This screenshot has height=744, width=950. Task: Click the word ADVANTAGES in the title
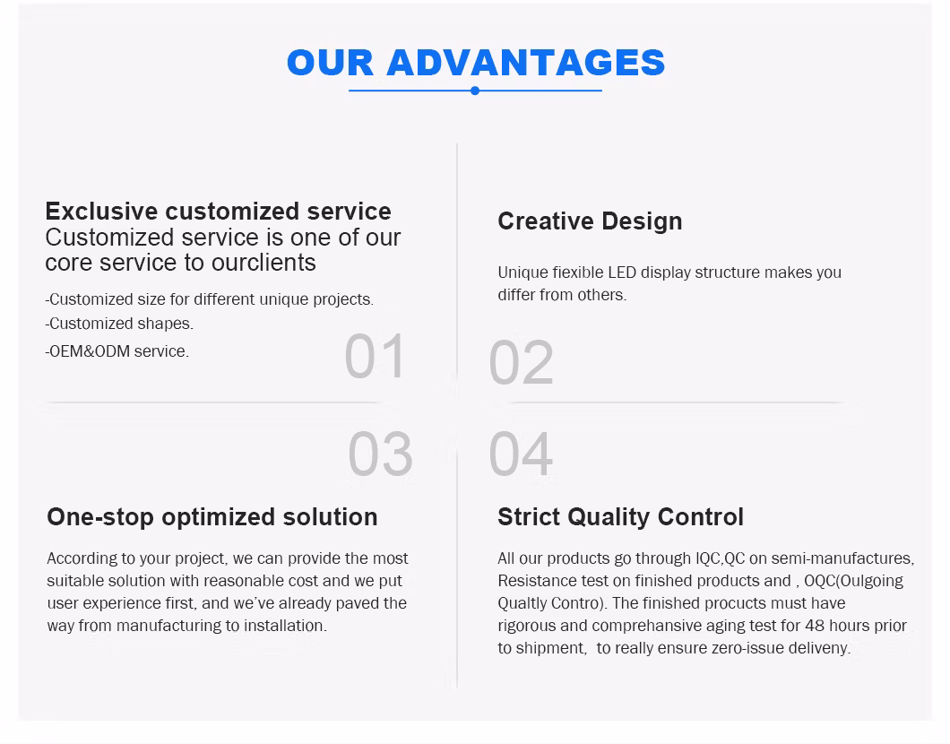tap(526, 63)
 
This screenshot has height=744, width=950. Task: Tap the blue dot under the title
tap(475, 91)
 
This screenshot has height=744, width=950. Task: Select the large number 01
tap(375, 356)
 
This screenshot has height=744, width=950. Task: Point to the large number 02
tap(521, 362)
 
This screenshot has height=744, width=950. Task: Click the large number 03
tap(381, 454)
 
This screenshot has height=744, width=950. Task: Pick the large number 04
tap(521, 454)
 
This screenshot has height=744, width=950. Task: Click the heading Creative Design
tap(590, 221)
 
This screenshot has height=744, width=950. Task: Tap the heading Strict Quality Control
tap(620, 517)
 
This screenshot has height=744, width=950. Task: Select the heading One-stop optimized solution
tap(212, 517)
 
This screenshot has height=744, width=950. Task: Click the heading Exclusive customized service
tap(218, 212)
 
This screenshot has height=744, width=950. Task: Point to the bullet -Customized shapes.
tap(119, 324)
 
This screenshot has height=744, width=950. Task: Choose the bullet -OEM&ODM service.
tap(117, 350)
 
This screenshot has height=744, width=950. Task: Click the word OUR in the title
tap(330, 63)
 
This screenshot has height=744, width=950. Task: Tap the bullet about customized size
tap(210, 299)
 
